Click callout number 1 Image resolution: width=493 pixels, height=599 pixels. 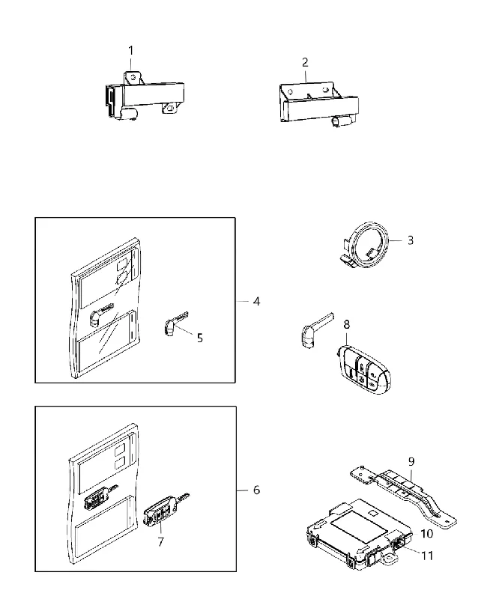tap(131, 50)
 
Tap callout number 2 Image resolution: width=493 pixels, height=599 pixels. tap(305, 62)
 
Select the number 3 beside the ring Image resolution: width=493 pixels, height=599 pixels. tap(411, 240)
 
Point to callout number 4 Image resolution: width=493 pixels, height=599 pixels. tap(256, 302)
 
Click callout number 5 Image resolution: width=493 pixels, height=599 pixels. tap(200, 338)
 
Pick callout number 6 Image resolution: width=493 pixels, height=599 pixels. tap(256, 490)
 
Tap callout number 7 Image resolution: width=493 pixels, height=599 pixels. tap(160, 541)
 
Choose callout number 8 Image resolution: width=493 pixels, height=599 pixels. tap(347, 325)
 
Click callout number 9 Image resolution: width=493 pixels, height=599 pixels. tap(411, 461)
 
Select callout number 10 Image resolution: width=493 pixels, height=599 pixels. tap(427, 533)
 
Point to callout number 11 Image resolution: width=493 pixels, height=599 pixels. tap(427, 556)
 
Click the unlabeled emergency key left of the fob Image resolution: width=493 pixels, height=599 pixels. tap(316, 330)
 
